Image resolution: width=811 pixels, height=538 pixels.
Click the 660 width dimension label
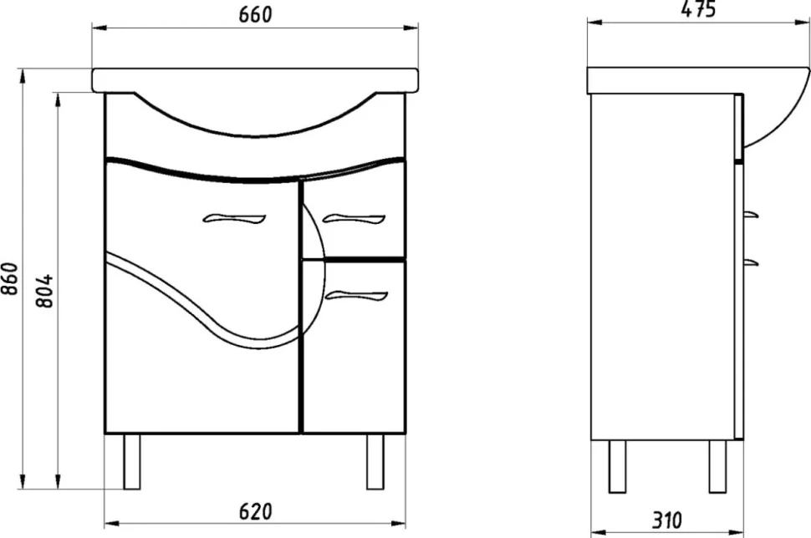(256, 14)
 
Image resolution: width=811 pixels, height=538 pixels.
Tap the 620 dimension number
(256, 511)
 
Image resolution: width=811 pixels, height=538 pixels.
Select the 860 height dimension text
(10, 278)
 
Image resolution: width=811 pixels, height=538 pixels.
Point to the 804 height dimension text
(44, 291)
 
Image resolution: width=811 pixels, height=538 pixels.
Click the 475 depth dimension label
(698, 9)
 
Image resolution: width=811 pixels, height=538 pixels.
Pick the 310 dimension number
(667, 520)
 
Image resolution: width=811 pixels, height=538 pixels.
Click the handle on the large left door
(234, 219)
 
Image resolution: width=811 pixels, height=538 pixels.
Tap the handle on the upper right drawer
(354, 219)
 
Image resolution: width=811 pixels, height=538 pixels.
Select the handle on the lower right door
(356, 295)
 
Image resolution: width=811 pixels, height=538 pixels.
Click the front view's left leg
(132, 461)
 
